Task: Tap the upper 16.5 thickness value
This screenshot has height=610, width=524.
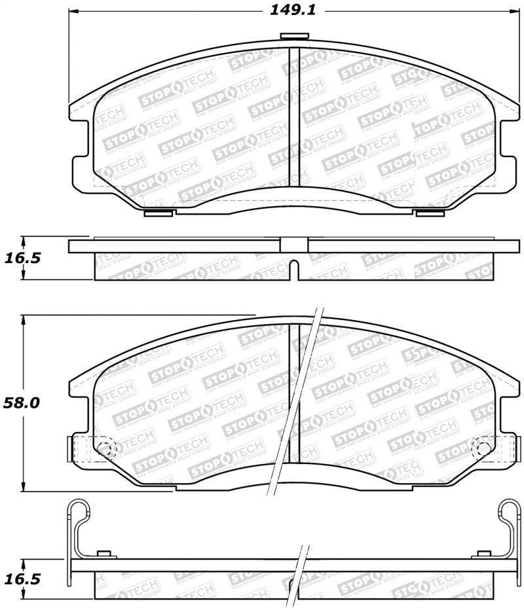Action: coord(22,258)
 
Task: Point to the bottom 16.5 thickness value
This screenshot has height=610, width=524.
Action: coord(22,579)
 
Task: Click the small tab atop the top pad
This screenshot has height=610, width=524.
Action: coord(289,37)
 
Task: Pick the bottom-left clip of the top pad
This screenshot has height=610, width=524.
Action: coord(158,213)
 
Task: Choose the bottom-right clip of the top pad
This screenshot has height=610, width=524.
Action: coord(430,213)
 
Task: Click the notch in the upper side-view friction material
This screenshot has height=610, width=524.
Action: coord(294,268)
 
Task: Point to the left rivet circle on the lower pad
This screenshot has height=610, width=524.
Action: coord(107,449)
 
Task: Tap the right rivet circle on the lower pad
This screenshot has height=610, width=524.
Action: coord(482,449)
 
